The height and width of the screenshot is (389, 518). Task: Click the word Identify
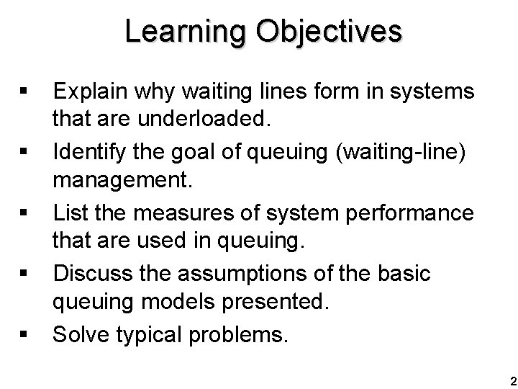coord(90,151)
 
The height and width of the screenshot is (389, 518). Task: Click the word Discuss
coord(94,274)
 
